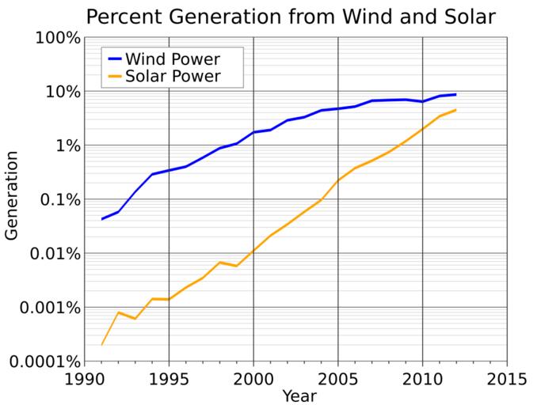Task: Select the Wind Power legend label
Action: pos(173,59)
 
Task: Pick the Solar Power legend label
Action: pos(173,77)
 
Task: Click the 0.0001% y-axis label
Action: pos(41,361)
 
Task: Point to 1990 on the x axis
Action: pos(85,377)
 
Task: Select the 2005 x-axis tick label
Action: pos(338,377)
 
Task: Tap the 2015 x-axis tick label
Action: pos(507,377)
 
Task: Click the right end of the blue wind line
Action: pos(455,94)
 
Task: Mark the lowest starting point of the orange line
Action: pos(102,344)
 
